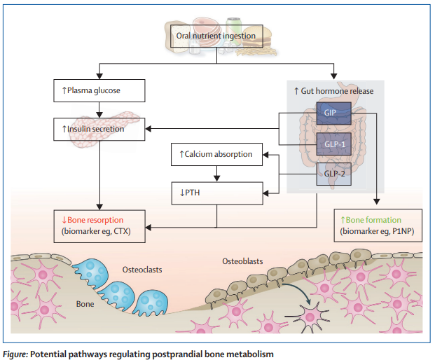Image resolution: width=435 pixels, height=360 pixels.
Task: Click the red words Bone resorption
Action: (x=92, y=220)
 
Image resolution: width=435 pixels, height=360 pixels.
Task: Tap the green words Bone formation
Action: (x=371, y=220)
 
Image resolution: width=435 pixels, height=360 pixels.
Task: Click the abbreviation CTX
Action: (x=121, y=231)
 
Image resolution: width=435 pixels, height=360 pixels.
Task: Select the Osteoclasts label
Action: (x=142, y=270)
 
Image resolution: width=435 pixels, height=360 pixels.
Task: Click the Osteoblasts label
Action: (x=242, y=261)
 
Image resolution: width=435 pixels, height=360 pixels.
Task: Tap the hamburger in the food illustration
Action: (x=256, y=37)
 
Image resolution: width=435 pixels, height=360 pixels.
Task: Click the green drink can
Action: (x=233, y=28)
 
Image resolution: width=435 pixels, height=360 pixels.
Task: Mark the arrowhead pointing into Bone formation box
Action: (x=376, y=202)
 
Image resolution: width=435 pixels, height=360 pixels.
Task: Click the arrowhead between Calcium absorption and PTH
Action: (x=217, y=178)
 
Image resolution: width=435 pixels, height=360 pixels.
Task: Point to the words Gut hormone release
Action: (x=333, y=91)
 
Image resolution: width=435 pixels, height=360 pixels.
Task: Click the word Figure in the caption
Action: (x=15, y=354)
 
